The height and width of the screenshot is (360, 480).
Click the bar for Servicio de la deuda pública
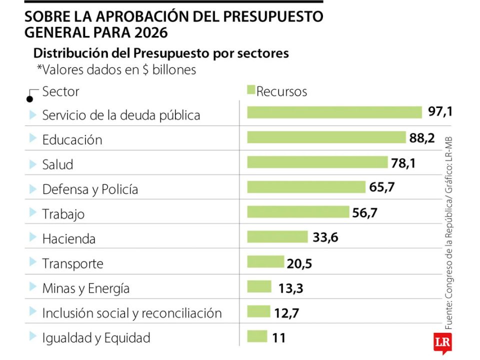click(334, 112)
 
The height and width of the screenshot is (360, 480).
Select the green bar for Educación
click(326, 137)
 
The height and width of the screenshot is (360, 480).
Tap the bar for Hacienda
click(277, 237)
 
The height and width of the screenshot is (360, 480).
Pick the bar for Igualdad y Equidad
click(257, 336)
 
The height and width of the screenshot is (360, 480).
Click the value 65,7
click(382, 187)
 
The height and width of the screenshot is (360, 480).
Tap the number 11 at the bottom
click(279, 338)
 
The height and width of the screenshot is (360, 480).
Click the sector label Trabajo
click(63, 214)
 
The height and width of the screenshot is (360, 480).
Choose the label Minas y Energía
click(86, 288)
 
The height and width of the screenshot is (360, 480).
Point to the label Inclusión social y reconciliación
click(132, 313)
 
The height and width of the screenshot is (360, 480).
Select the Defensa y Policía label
click(90, 189)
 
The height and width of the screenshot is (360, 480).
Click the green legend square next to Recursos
click(251, 90)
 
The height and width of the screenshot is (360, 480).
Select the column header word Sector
click(60, 92)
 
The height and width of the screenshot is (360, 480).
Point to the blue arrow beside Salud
click(33, 164)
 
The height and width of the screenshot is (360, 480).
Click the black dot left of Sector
click(30, 99)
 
